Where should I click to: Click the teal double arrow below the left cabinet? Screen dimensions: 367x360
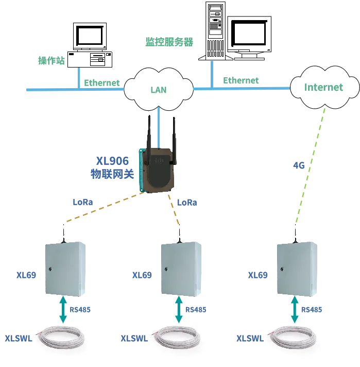click(x=63, y=310)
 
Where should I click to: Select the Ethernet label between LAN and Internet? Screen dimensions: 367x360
click(x=241, y=80)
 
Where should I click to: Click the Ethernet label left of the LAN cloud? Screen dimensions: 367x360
click(x=101, y=82)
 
